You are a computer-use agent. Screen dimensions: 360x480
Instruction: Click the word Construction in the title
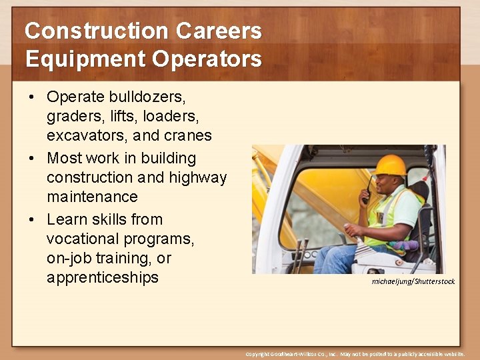pyautogui.click(x=96, y=31)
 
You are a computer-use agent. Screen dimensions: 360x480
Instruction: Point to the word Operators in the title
pyautogui.click(x=207, y=59)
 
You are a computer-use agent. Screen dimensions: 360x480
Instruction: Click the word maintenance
pyautogui.click(x=92, y=197)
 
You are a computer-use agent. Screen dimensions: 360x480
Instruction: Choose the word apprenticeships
pyautogui.click(x=103, y=277)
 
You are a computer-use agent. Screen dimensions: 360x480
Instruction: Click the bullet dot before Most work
pyautogui.click(x=31, y=159)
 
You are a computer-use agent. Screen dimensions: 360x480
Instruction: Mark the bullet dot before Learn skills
pyautogui.click(x=31, y=220)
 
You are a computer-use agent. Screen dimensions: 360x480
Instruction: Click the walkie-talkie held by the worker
pyautogui.click(x=367, y=193)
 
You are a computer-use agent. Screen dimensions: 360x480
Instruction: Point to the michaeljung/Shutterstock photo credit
pyautogui.click(x=413, y=281)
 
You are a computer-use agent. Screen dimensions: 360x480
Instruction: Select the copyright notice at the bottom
pyautogui.click(x=355, y=354)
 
